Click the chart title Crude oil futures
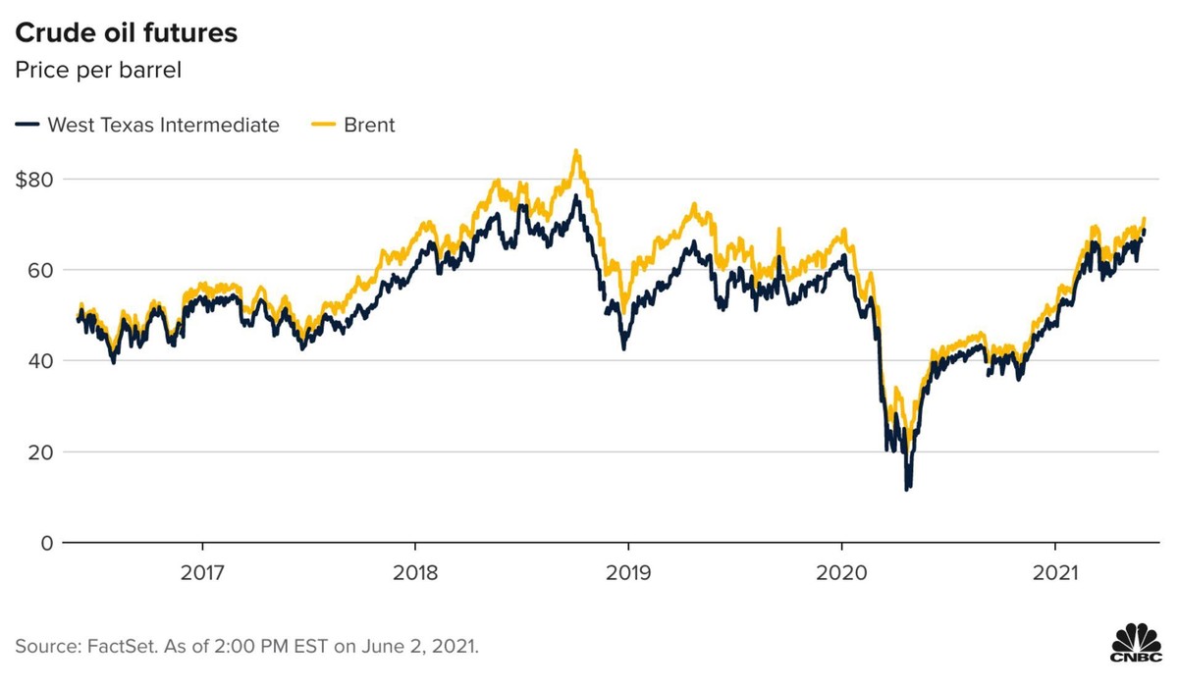coord(125,32)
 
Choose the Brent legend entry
coord(369,125)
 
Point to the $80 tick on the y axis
coord(35,180)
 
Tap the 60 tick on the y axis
coord(37,270)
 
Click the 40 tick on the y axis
coord(37,361)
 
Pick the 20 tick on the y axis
coord(37,451)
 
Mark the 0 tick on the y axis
coord(43,543)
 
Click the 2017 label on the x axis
coord(202,571)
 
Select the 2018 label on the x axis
coord(415,571)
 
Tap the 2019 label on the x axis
coord(628,571)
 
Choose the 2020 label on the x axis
coord(841,571)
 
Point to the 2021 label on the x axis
coord(1054,571)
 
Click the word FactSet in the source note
coord(109,648)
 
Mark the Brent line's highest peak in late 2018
coord(575,151)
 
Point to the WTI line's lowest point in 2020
coord(907,488)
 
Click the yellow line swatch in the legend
coord(323,125)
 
